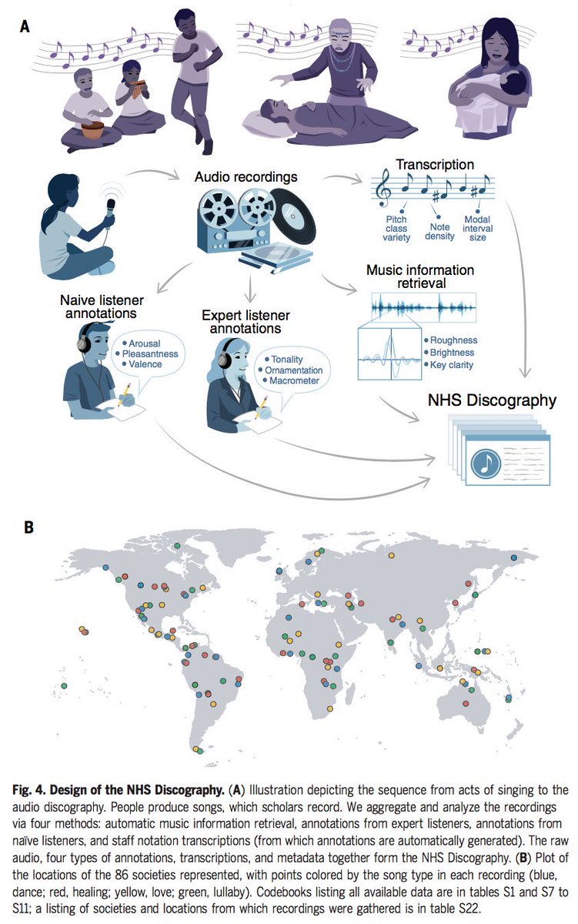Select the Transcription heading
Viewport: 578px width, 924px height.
(x=435, y=164)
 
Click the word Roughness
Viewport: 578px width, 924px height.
(x=453, y=340)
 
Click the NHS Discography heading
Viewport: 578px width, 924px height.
(x=493, y=400)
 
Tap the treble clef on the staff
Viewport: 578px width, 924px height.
(x=383, y=189)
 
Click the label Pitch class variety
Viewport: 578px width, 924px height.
(x=396, y=228)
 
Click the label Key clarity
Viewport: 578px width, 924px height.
(x=451, y=365)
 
